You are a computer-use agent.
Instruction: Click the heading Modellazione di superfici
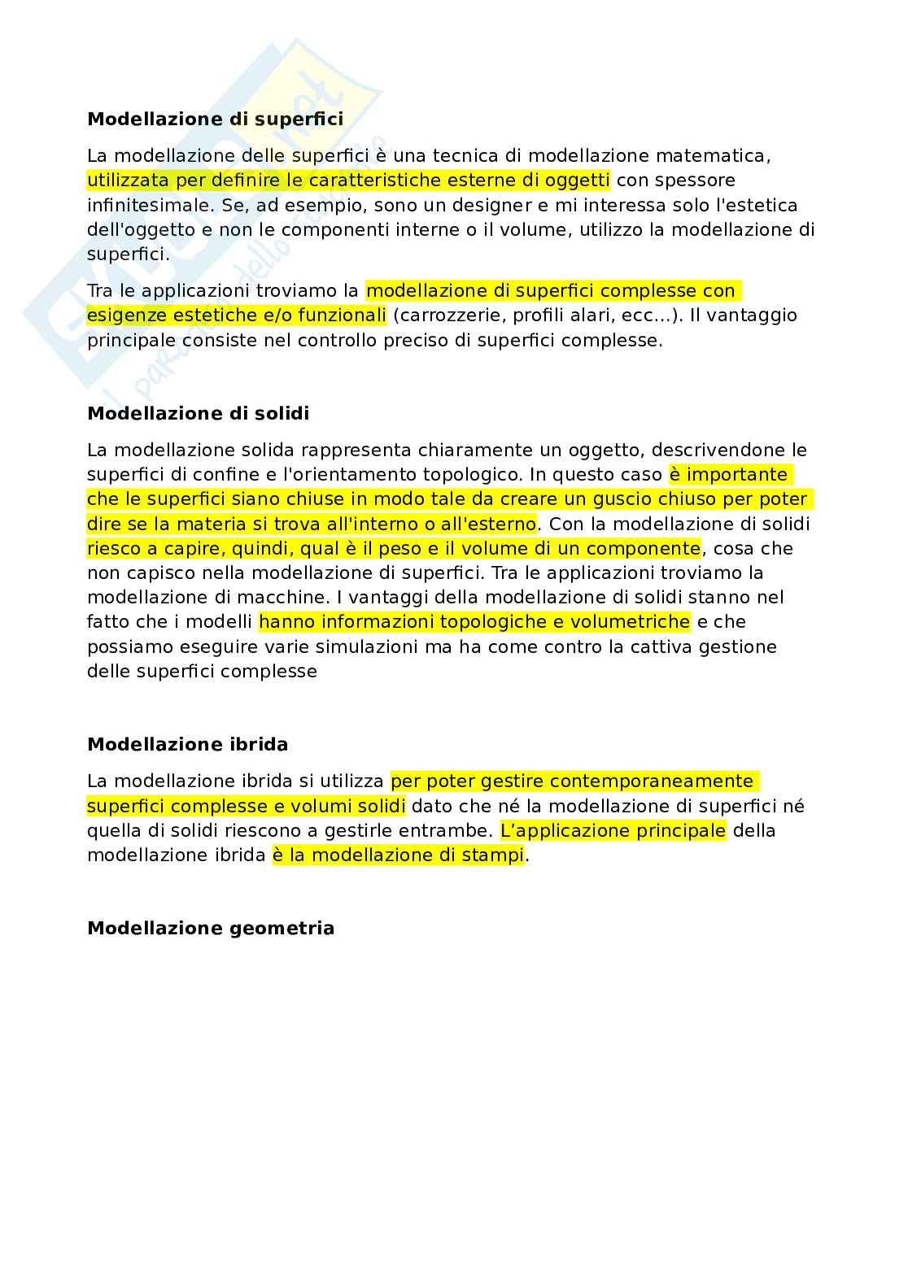tap(215, 120)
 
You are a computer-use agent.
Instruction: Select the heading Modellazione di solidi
tap(198, 413)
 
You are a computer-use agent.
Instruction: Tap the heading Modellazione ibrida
tap(187, 745)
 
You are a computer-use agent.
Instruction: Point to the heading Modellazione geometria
tap(211, 929)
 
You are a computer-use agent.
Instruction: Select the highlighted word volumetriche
tap(629, 622)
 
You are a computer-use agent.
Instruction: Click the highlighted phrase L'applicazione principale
tap(613, 831)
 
